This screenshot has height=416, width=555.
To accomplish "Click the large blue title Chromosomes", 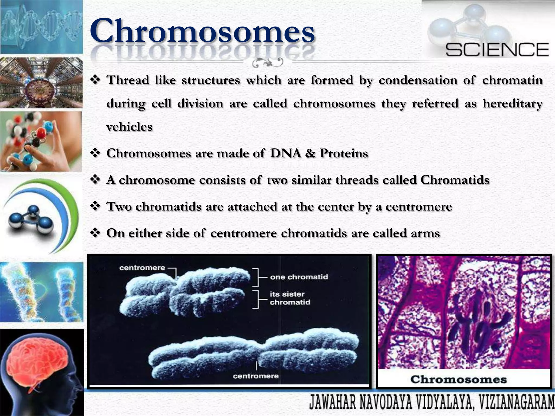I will (202, 31).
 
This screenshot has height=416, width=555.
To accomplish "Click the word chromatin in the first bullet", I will (512, 80).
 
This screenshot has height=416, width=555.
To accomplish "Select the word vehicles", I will (129, 127).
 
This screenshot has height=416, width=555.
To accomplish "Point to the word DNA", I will (285, 153).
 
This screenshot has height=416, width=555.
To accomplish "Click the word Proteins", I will (344, 153).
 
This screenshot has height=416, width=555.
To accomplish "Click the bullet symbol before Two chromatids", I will (95, 206).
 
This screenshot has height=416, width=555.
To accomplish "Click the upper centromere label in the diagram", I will (142, 268).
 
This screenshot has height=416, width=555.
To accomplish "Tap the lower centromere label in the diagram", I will (256, 376).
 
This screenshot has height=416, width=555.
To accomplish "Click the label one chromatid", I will (299, 277).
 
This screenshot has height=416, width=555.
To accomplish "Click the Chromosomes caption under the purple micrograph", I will (458, 379).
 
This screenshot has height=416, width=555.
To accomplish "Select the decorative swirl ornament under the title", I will (267, 63).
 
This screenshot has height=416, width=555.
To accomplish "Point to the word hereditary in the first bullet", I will (512, 103).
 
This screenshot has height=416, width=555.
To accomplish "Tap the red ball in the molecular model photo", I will (41, 133).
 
